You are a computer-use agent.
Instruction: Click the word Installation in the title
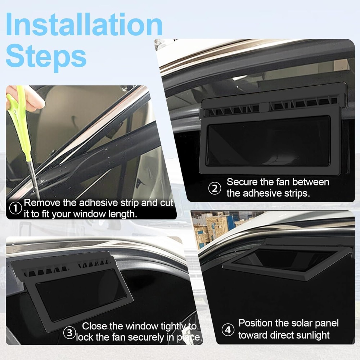[x=84, y=24]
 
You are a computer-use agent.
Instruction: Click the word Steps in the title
[x=46, y=57]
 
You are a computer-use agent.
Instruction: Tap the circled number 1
[x=15, y=208]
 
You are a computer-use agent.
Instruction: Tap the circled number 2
[x=215, y=188]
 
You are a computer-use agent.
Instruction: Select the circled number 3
[x=69, y=333]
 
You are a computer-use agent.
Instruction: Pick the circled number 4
[x=228, y=330]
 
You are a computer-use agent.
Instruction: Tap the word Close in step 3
[x=94, y=326]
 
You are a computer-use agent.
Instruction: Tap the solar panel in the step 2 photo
[x=269, y=140]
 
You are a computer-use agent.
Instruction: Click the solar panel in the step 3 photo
[x=81, y=295]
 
